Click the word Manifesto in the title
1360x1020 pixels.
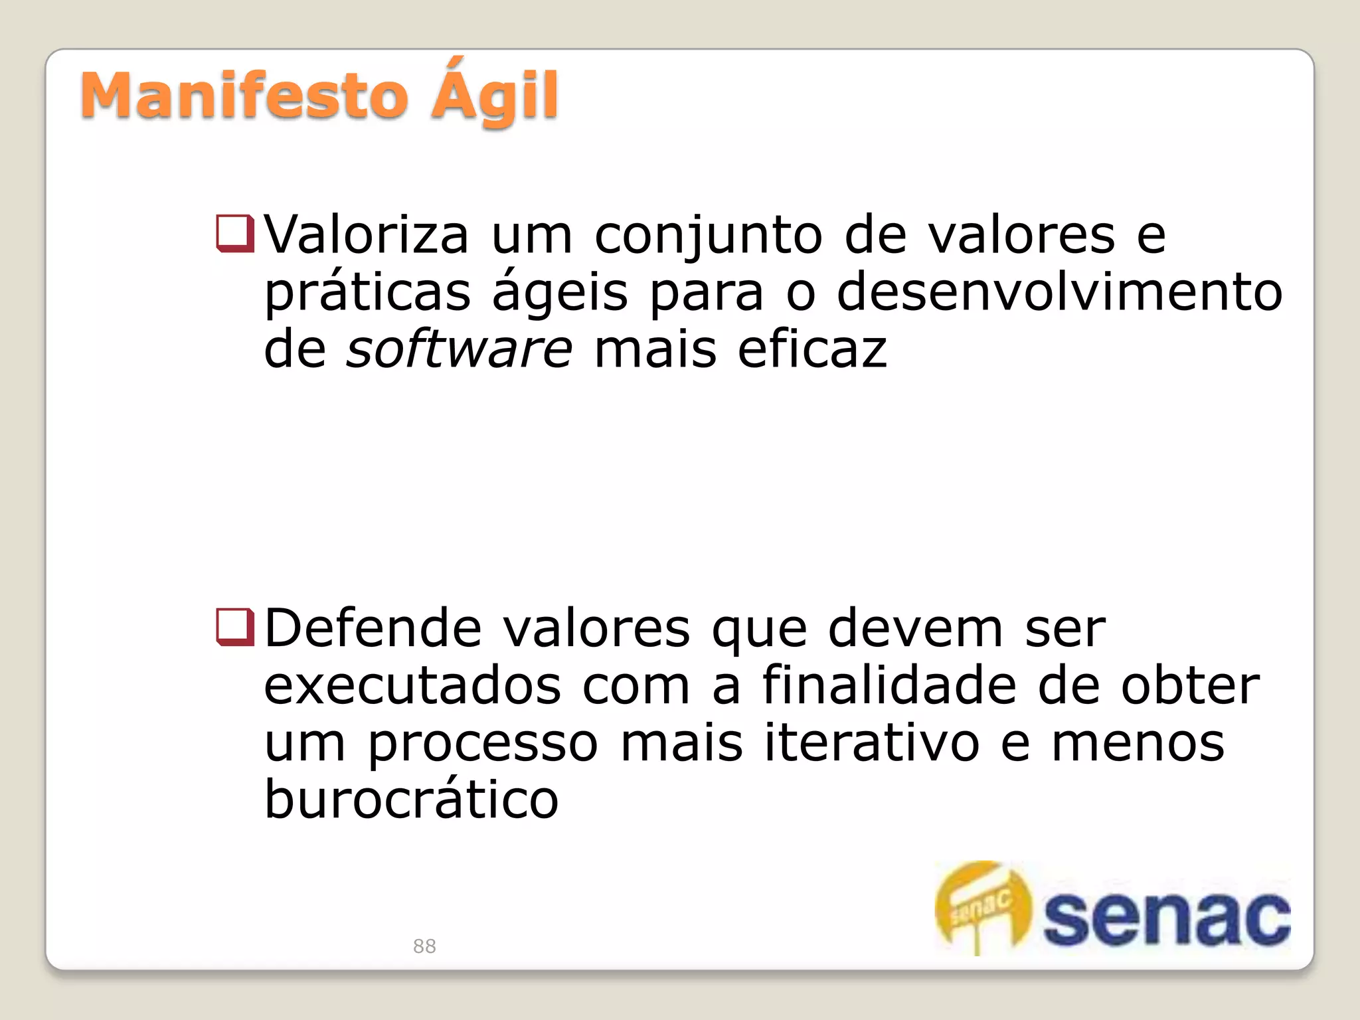(244, 97)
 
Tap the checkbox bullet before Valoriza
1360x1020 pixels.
(234, 234)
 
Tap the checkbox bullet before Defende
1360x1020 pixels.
(234, 627)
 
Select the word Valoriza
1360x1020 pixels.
(367, 235)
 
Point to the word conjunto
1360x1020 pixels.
(708, 236)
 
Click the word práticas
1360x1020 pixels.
(367, 293)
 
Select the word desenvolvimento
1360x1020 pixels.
(1059, 292)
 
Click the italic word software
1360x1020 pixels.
(459, 349)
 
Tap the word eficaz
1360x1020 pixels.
(811, 349)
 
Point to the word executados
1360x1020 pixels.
(412, 686)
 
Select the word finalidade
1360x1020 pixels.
(889, 685)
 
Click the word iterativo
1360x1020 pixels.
(872, 742)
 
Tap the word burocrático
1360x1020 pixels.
(411, 799)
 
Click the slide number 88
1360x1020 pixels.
(424, 946)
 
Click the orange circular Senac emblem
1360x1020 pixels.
(983, 906)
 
